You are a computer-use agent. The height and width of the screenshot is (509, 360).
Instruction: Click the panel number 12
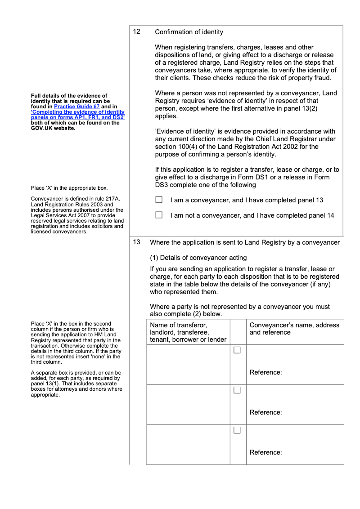click(x=137, y=32)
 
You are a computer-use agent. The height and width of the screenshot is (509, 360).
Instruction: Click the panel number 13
click(x=137, y=242)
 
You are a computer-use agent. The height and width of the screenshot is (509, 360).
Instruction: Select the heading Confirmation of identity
click(x=189, y=32)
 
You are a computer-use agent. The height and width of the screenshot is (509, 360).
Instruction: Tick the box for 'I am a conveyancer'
click(x=159, y=200)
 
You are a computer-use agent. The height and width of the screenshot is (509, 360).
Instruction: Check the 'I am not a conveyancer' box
click(x=159, y=215)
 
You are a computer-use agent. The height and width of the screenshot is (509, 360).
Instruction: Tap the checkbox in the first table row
click(x=237, y=350)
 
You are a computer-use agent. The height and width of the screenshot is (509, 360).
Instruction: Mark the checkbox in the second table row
click(x=237, y=390)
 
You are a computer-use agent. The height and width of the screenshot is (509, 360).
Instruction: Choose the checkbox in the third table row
click(x=237, y=430)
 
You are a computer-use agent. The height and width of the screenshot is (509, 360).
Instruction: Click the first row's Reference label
click(x=265, y=372)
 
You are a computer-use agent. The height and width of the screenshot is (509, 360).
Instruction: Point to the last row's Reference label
click(x=265, y=452)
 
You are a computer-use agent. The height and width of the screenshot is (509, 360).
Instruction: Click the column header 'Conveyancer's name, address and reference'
click(x=294, y=329)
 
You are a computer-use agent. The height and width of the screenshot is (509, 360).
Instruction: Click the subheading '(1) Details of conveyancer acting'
click(x=198, y=258)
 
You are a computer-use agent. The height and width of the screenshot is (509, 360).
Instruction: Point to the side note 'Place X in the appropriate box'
click(x=69, y=188)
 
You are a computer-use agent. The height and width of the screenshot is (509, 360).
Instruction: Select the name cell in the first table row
click(x=188, y=364)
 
